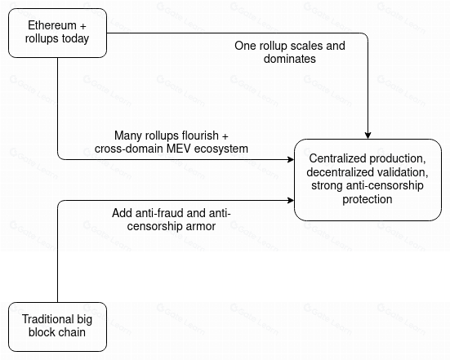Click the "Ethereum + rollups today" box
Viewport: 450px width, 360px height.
[x=57, y=33]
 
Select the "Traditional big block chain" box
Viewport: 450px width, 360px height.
[x=57, y=327]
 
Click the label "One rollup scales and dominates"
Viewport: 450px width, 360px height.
[x=290, y=52]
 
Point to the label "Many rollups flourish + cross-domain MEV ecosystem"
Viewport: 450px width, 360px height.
[x=172, y=142]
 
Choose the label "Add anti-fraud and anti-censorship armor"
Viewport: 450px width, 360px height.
[x=172, y=220]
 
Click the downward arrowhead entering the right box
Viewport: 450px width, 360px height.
[x=368, y=136]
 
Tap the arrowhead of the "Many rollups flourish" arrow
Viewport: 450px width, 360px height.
[x=291, y=159]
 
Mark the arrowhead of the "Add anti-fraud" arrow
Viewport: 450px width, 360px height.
[x=291, y=200]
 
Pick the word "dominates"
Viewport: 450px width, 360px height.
[x=290, y=59]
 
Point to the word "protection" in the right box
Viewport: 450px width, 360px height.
[x=368, y=199]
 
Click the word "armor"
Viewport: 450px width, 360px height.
[x=200, y=226]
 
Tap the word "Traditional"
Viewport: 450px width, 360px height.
[x=44, y=319]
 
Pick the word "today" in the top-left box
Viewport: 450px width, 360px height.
[x=76, y=39]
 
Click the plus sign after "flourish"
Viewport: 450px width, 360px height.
[x=225, y=136]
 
